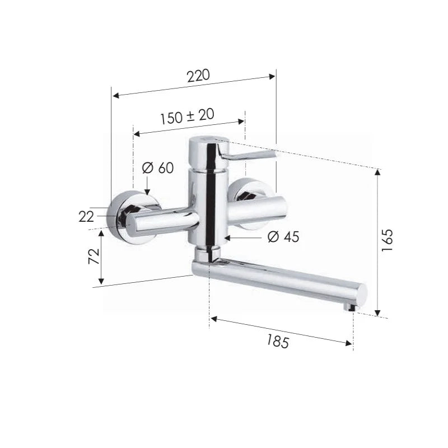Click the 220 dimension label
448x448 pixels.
coord(198,76)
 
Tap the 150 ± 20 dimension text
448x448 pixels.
coord(187,116)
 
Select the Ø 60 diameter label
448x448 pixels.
coord(158,167)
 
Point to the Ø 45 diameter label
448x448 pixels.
coord(283,236)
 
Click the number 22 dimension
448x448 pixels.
coord(86,217)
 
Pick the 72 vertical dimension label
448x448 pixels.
coord(94,256)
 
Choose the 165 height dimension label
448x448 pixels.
coord(388,240)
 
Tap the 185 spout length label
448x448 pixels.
coord(278,341)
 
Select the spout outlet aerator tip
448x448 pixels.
coord(349,307)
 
